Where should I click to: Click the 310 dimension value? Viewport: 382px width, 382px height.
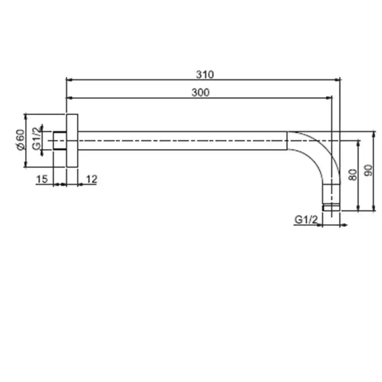(x=205, y=75)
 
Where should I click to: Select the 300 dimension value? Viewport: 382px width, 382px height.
(x=200, y=93)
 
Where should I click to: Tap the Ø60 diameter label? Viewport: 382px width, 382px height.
(x=21, y=140)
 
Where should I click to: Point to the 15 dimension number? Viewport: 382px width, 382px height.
(x=41, y=179)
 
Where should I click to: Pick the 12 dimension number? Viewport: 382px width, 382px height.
(x=92, y=179)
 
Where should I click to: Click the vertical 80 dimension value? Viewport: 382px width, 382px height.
(x=353, y=175)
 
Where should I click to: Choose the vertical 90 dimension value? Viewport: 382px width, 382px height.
(x=368, y=170)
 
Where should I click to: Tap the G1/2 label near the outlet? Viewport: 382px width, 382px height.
(x=306, y=220)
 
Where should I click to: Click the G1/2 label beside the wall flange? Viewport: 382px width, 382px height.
(x=37, y=139)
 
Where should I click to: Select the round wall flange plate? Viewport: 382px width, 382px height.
(x=72, y=141)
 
